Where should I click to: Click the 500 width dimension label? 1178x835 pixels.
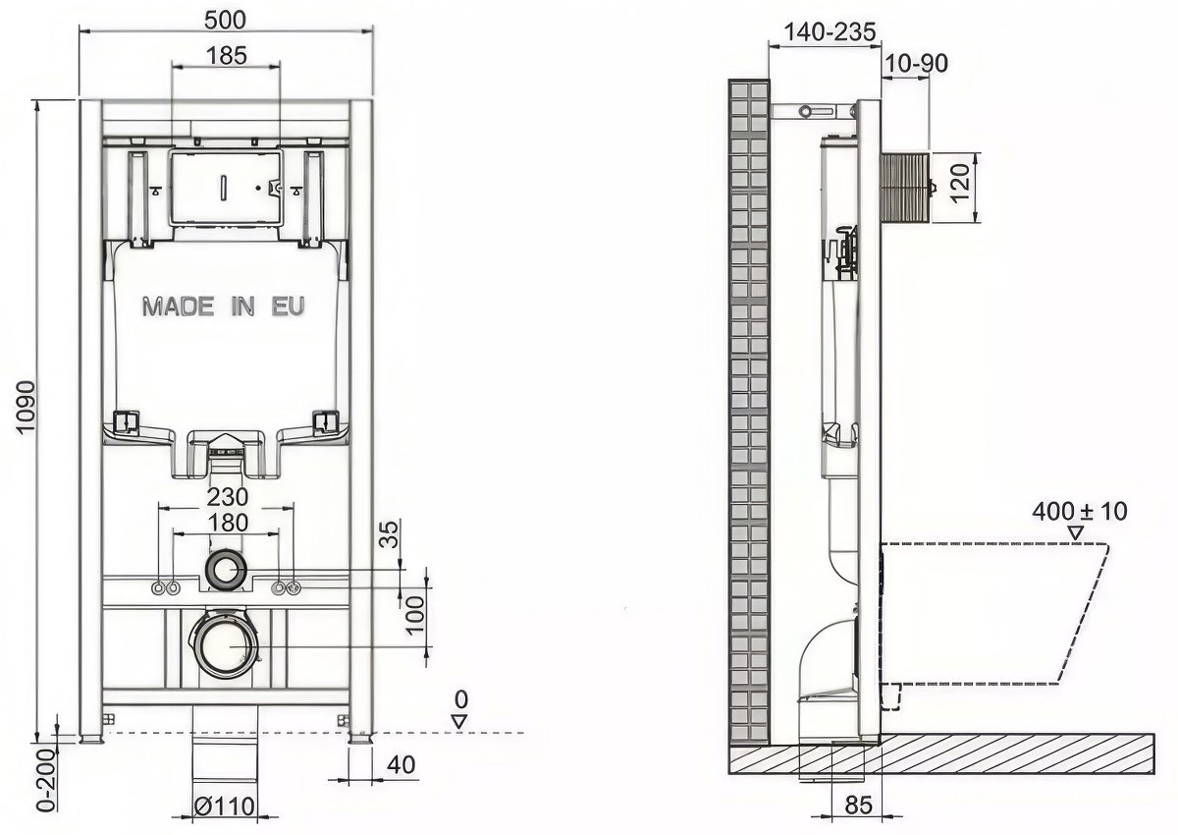coord(225,20)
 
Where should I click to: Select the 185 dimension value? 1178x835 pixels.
coord(227,55)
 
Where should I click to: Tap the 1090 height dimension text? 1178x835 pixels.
coord(26,408)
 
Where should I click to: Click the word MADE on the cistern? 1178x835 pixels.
coord(179,306)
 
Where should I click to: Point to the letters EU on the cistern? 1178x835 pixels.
coord(289,306)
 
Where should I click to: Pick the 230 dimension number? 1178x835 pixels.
coord(228,496)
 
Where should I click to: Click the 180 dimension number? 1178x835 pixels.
coord(228,523)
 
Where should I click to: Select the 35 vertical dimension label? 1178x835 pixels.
coord(390,534)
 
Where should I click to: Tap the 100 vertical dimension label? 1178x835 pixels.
coord(415,615)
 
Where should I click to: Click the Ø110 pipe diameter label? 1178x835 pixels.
coord(225,806)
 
